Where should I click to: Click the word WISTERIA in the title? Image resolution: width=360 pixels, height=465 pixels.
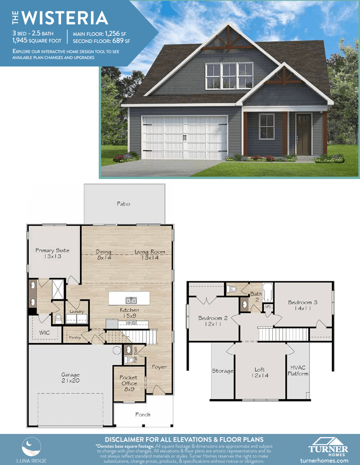click(65, 18)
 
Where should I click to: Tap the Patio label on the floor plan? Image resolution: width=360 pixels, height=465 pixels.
click(124, 204)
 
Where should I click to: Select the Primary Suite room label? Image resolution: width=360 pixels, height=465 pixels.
click(52, 253)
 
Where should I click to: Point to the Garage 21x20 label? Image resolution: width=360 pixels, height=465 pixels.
click(70, 378)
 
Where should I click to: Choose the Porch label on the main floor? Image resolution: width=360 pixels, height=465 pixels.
click(143, 415)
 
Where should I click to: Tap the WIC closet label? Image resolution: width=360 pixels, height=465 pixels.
click(44, 333)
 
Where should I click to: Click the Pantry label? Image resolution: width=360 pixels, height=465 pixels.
click(75, 338)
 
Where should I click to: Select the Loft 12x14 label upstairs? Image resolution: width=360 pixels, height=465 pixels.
click(260, 373)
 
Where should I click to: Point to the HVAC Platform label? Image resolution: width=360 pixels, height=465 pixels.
click(298, 371)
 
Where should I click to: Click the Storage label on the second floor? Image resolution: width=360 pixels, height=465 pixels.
click(222, 371)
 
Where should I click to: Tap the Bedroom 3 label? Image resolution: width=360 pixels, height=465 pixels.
click(303, 305)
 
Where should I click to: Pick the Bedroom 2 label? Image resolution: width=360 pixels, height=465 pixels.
click(213, 321)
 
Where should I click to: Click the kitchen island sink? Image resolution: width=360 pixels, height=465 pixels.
click(131, 301)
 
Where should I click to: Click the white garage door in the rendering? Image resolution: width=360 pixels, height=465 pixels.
click(185, 138)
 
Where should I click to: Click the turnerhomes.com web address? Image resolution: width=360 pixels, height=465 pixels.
click(324, 461)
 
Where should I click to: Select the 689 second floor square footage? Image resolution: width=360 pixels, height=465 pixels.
click(118, 41)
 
